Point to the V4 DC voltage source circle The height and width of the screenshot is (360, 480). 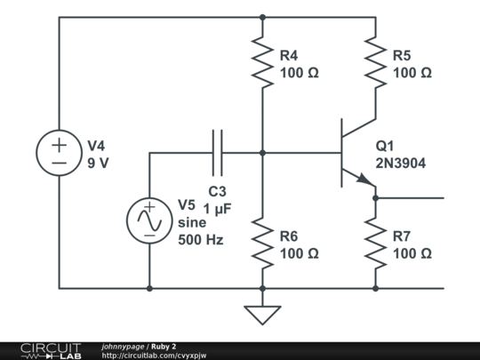tap(59, 153)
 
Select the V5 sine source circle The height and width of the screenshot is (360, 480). tap(148, 221)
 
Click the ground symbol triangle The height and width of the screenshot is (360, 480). tap(262, 315)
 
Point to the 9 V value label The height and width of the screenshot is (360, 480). tap(99, 163)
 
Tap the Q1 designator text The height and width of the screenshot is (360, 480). tap(385, 146)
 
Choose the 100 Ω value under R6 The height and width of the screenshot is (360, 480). tap(299, 253)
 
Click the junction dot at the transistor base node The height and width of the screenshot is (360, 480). tap(262, 153)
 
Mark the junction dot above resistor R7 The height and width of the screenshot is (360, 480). tap(375, 198)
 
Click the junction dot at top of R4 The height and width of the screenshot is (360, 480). tap(262, 17)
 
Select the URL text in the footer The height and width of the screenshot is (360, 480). tap(155, 356)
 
